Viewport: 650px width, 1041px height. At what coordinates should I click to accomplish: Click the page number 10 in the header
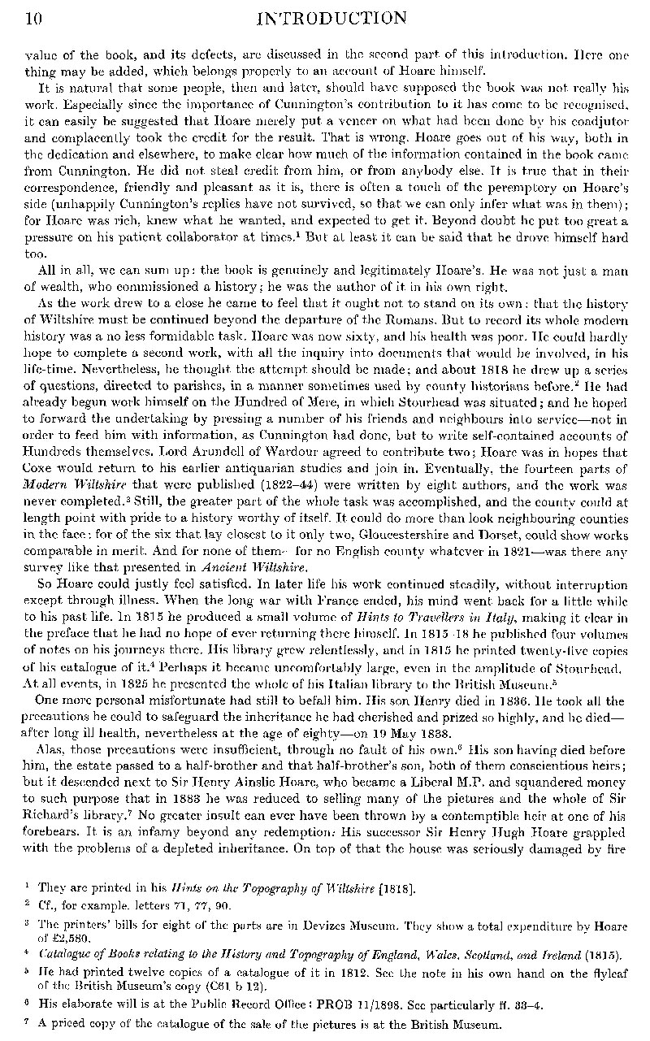18,17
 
